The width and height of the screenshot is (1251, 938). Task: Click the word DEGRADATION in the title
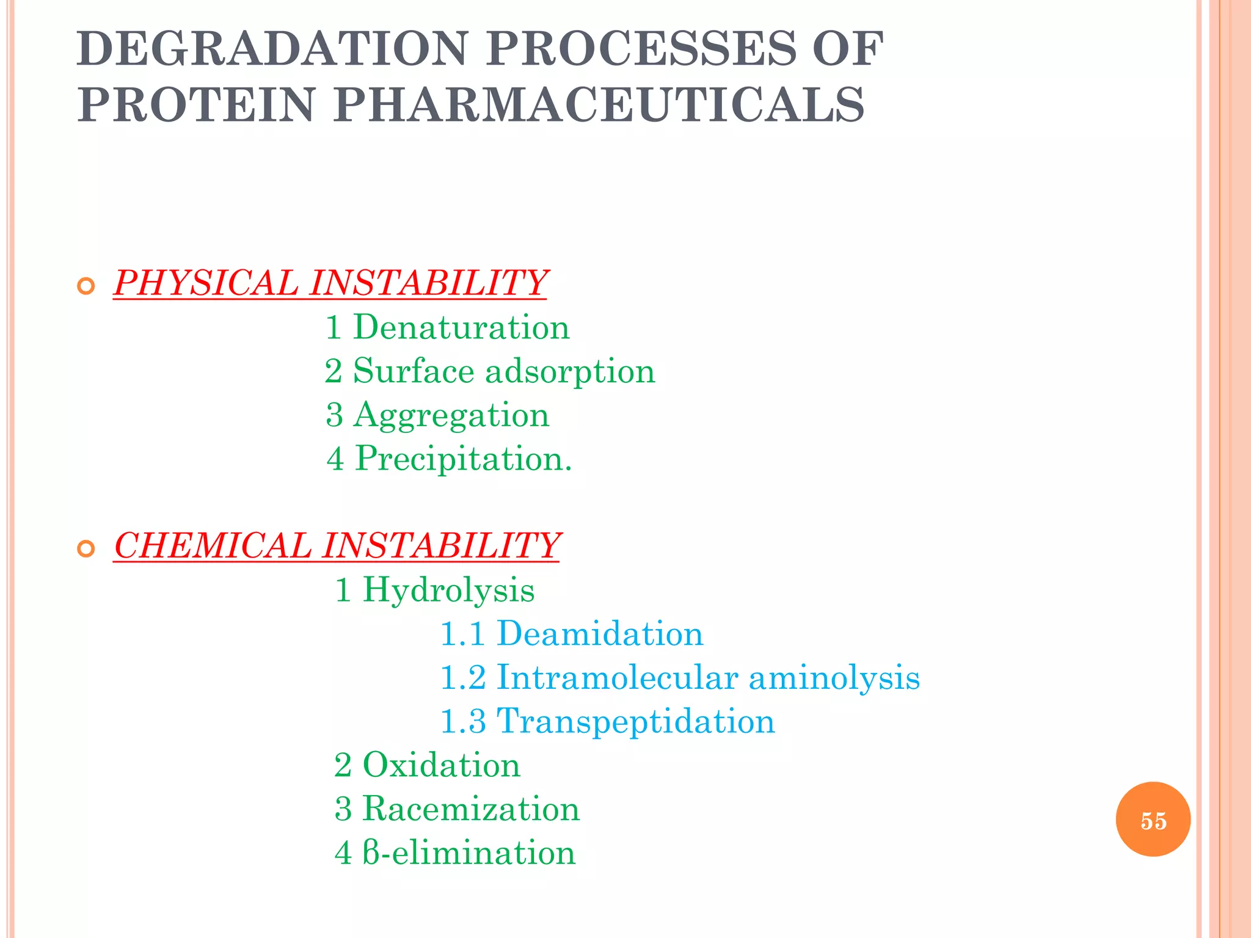(272, 48)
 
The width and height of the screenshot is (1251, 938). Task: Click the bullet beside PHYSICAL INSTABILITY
(86, 286)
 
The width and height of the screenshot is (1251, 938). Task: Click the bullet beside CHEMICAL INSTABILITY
(86, 548)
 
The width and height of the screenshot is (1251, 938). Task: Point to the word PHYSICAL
(205, 283)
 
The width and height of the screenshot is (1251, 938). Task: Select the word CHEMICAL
(212, 545)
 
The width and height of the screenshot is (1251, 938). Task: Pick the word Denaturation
(461, 327)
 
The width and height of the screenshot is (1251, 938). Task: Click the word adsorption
(570, 371)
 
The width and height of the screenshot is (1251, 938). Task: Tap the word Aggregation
(451, 415)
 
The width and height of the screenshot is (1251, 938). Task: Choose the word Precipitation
(464, 459)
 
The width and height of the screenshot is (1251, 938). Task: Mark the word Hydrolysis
(448, 590)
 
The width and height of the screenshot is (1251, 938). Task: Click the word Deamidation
(600, 633)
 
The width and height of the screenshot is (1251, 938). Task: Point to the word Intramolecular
(617, 677)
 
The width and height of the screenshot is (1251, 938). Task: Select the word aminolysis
(834, 677)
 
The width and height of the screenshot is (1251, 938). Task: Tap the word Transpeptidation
(635, 721)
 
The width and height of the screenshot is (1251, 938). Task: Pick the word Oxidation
(441, 765)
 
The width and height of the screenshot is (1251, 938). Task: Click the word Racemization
(471, 809)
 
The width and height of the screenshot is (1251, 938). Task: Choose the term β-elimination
(469, 853)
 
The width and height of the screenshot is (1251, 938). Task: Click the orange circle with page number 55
(1153, 820)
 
